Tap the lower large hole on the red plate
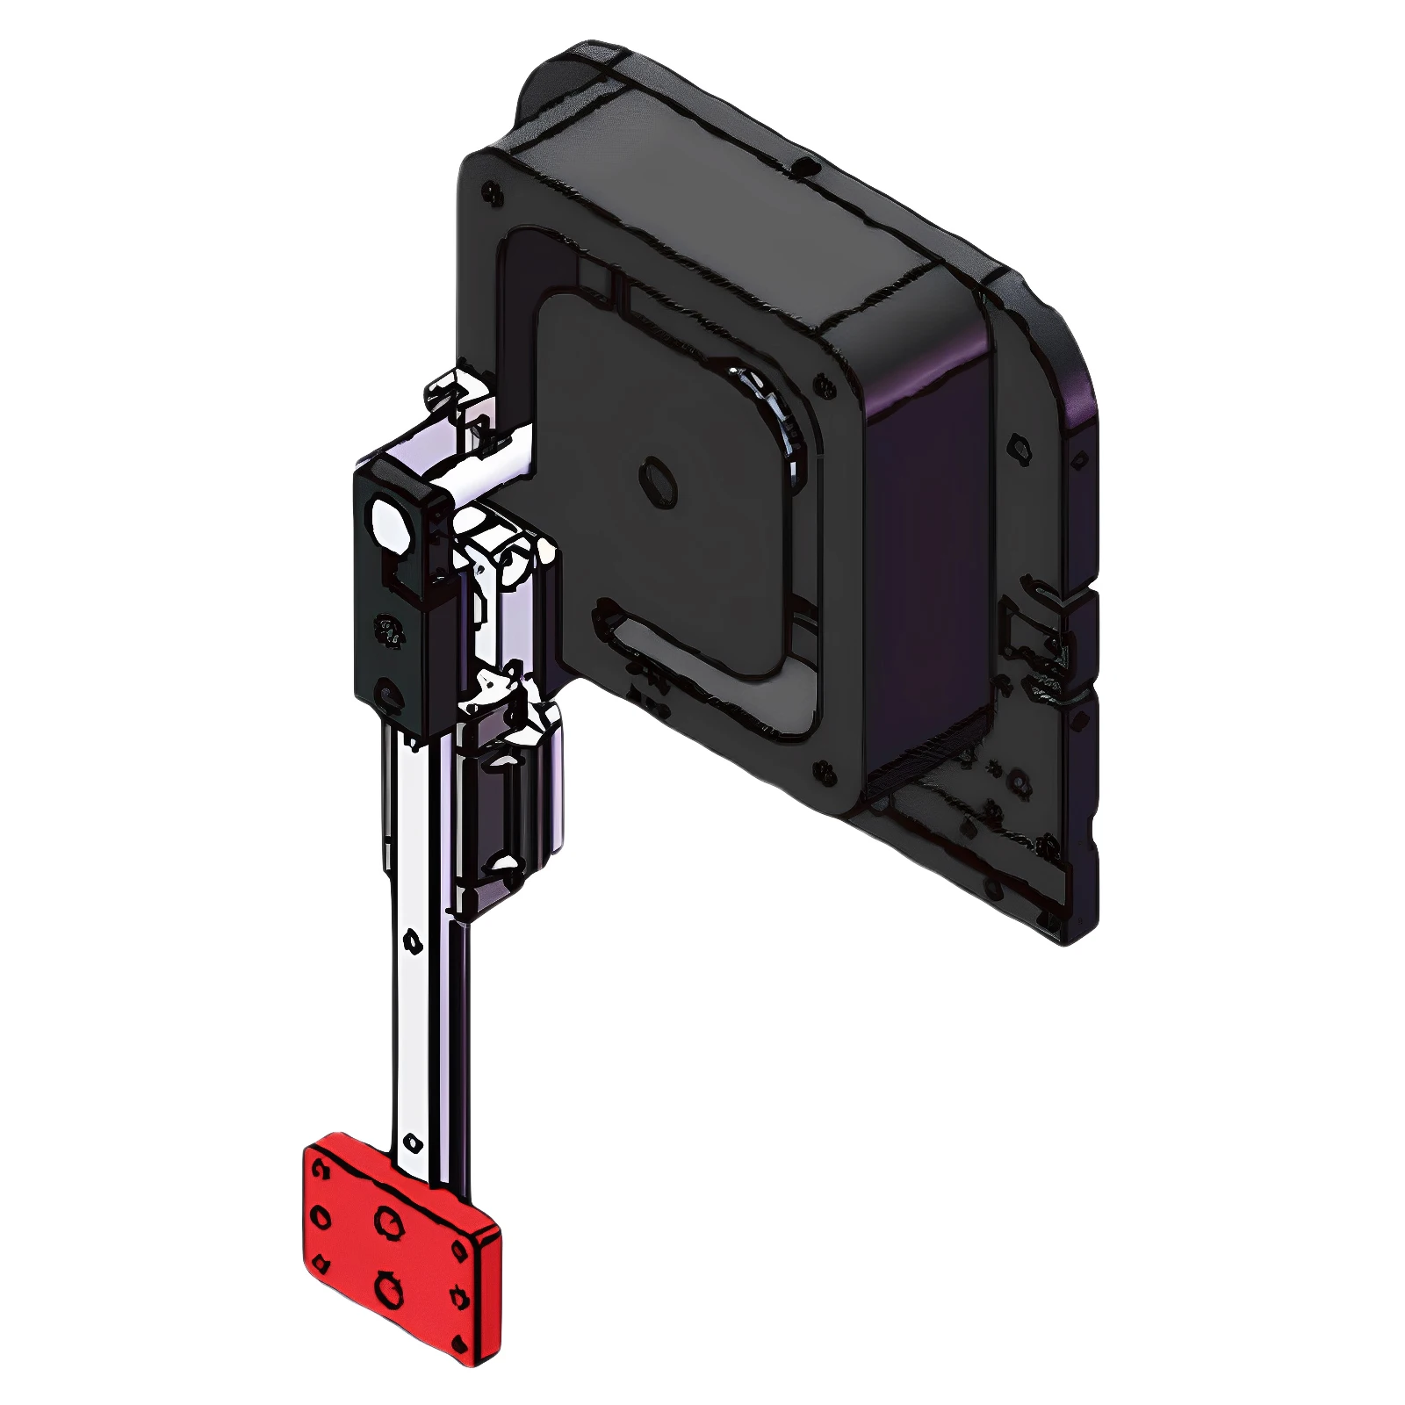(387, 1288)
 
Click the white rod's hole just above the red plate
(409, 1143)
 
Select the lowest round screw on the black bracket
(387, 695)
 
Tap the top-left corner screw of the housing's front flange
(490, 191)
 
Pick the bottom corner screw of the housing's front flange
(824, 772)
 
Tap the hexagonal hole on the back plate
(1018, 447)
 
